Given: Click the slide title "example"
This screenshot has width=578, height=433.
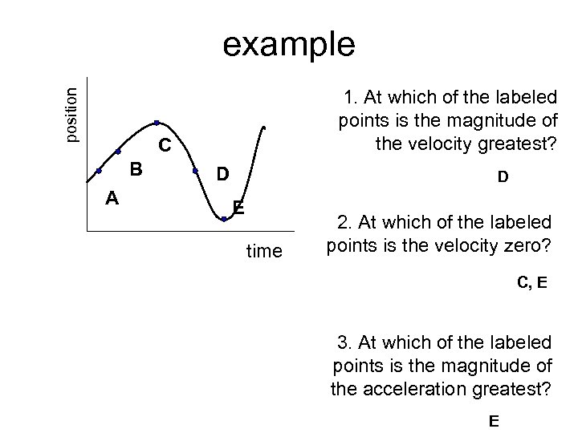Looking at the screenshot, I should pyautogui.click(x=288, y=45).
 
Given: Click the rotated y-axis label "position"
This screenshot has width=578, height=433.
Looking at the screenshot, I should pyautogui.click(x=72, y=115).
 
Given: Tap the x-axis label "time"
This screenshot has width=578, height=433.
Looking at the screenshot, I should pyautogui.click(x=264, y=252).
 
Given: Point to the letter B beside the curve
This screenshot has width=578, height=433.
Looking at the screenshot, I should pyautogui.click(x=136, y=169).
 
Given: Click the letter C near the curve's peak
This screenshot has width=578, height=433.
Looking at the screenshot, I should pyautogui.click(x=165, y=146).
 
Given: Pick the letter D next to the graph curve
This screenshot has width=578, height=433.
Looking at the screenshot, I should pyautogui.click(x=223, y=174).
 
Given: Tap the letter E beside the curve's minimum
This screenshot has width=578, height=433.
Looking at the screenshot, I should pyautogui.click(x=238, y=208).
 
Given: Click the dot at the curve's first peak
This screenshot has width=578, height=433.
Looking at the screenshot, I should pyautogui.click(x=157, y=123).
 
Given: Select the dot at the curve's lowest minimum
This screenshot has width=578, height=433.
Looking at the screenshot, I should pyautogui.click(x=224, y=218).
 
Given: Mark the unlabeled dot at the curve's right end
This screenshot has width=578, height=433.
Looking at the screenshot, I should pyautogui.click(x=263, y=127).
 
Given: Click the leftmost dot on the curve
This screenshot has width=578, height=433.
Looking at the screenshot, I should pyautogui.click(x=99, y=171).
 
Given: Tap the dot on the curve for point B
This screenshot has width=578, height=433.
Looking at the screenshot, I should pyautogui.click(x=118, y=151).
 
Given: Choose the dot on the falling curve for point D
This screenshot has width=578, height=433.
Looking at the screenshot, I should pyautogui.click(x=196, y=171).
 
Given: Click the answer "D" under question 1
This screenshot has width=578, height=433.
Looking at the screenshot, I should pyautogui.click(x=502, y=179).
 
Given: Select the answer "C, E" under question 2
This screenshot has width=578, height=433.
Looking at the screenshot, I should pyautogui.click(x=531, y=282).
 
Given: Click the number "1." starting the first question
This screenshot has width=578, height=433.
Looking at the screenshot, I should pyautogui.click(x=351, y=98).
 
